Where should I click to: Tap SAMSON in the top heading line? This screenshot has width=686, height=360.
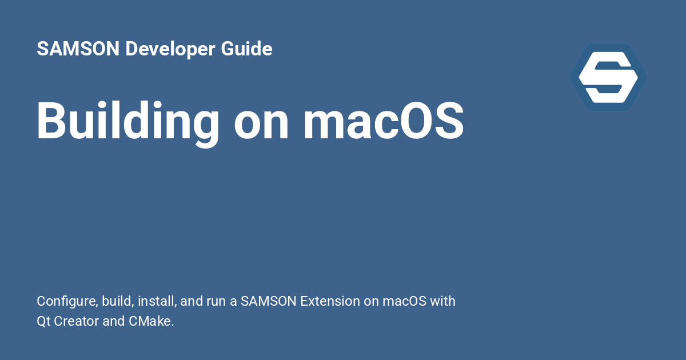pyautogui.click(x=78, y=50)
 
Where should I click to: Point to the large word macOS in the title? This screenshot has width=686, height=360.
pyautogui.click(x=383, y=122)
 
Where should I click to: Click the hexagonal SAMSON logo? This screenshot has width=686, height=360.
pyautogui.click(x=608, y=77)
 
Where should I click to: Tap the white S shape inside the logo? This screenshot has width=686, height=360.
pyautogui.click(x=608, y=77)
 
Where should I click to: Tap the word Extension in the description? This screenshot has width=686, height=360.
pyautogui.click(x=330, y=301)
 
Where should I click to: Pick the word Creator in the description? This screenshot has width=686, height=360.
pyautogui.click(x=77, y=321)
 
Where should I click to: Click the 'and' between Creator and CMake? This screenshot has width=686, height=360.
pyautogui.click(x=113, y=321)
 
